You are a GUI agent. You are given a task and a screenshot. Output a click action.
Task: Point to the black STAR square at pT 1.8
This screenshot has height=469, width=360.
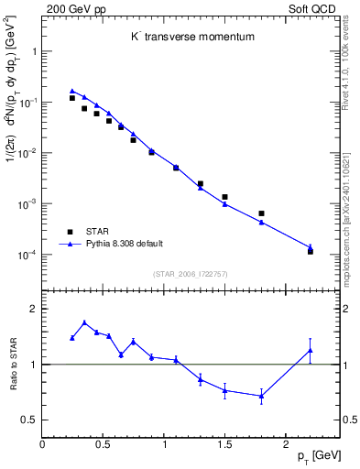[x=261, y=213]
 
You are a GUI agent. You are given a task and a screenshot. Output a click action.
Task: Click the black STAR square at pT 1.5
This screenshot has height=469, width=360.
[x=224, y=197]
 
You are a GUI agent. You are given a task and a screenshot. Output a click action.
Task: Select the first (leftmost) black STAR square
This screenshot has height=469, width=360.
[x=72, y=98]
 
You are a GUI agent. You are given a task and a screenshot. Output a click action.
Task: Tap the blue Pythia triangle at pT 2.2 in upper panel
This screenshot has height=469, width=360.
[x=311, y=247]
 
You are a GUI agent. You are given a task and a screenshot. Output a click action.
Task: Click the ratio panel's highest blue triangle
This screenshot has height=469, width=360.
[x=84, y=322]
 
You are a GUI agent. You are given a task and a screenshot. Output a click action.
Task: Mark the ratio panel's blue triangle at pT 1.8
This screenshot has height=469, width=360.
[x=261, y=396]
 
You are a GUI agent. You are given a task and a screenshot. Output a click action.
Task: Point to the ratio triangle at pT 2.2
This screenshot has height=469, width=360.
[x=311, y=350]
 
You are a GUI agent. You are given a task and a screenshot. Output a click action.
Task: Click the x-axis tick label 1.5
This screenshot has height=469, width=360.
[x=225, y=444]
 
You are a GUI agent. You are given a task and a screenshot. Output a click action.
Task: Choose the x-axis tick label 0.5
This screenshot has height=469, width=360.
[x=104, y=444]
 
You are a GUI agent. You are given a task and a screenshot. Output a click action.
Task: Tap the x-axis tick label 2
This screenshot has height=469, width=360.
[x=286, y=444]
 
